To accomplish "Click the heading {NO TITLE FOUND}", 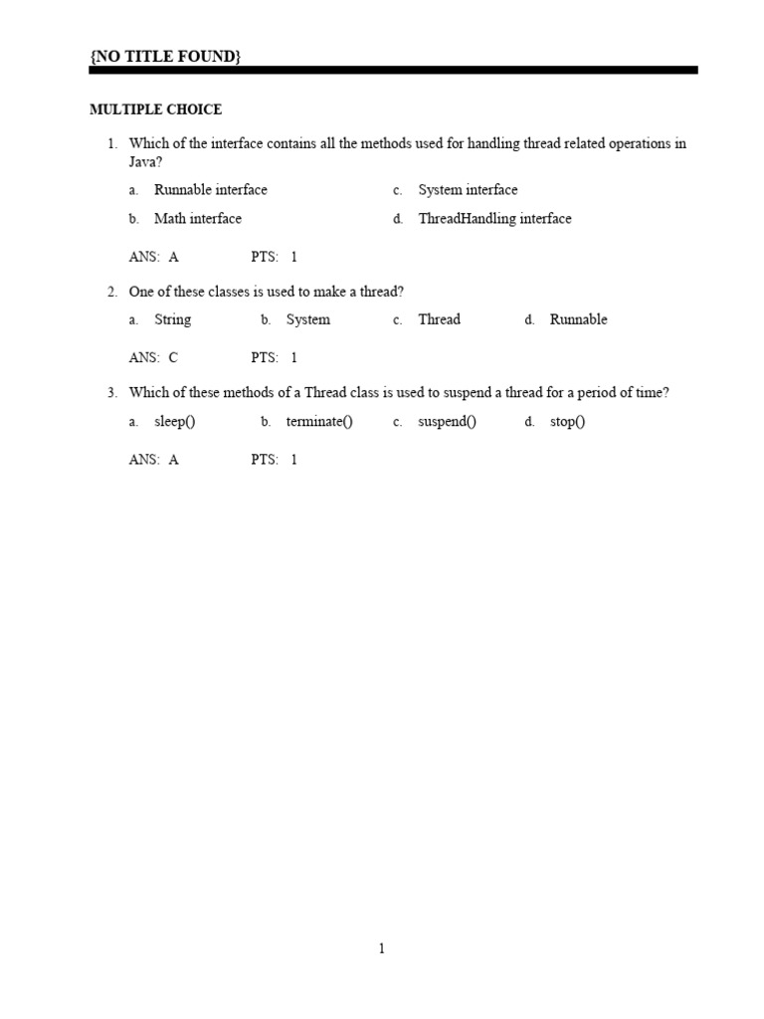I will (x=165, y=57).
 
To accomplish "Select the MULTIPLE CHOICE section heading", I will (x=156, y=109).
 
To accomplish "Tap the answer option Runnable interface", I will (x=211, y=190).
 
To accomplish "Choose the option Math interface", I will (x=198, y=219).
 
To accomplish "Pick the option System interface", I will (x=468, y=190).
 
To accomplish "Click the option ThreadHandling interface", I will (x=494, y=219).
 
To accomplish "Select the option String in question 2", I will (x=173, y=319).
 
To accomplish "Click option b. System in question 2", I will (x=307, y=319).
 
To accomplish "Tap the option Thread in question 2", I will (x=439, y=319).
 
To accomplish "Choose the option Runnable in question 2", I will (x=578, y=319).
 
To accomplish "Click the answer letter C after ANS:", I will (x=173, y=357).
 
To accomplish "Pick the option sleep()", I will (x=175, y=422).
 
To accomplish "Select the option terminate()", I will (x=319, y=422).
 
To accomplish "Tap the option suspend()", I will (x=447, y=422).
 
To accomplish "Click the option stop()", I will (x=567, y=422).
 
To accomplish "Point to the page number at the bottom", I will (x=381, y=949).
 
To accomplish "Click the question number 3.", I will (x=112, y=393).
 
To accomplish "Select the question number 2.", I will (x=112, y=292).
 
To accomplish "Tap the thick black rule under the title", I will (x=394, y=71).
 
